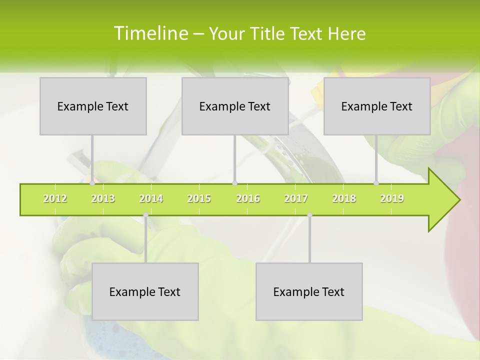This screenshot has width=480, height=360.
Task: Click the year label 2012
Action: (55, 198)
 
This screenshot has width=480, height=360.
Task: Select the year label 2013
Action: (103, 198)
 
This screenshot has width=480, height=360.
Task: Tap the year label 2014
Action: (151, 198)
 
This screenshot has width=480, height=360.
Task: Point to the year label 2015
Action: (199, 198)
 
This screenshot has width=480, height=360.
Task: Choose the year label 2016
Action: (248, 198)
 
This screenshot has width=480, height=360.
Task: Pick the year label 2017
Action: (296, 198)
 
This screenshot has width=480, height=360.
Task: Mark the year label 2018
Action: (344, 198)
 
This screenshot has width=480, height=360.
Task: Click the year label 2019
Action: (392, 198)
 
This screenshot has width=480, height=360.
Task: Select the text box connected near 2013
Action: (93, 106)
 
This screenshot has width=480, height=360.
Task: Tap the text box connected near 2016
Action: (235, 106)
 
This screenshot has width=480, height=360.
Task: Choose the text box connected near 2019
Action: (377, 106)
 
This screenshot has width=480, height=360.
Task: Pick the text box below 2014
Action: (145, 291)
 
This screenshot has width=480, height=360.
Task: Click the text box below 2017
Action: (309, 291)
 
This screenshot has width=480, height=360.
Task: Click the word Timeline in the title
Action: (150, 33)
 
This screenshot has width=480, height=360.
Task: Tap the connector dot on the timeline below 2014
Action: (145, 215)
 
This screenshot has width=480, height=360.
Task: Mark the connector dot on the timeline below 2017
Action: (309, 215)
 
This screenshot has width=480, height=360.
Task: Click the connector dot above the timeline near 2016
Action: (234, 183)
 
